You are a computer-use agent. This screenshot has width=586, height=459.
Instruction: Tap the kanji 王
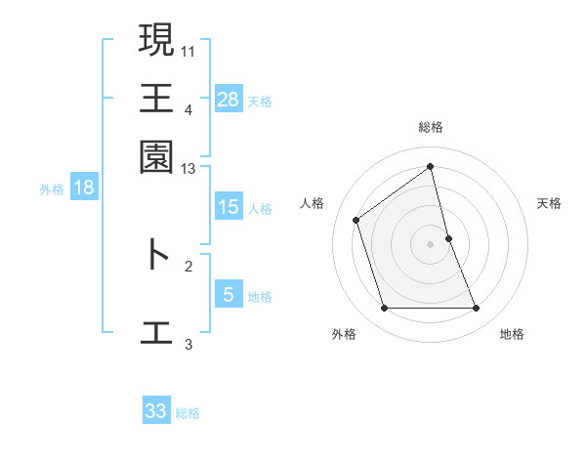pos(156,98)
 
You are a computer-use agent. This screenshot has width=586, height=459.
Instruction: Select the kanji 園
pos(156,155)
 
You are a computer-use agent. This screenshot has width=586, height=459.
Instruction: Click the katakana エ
pos(156,330)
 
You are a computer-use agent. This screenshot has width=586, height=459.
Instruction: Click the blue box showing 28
pos(228,99)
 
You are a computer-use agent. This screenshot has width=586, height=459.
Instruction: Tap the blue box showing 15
pos(228,207)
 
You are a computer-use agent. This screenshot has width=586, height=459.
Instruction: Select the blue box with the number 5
pos(228,295)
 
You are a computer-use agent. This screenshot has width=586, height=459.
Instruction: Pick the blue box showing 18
pos(84,188)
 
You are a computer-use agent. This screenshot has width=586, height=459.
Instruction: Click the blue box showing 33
pos(156,411)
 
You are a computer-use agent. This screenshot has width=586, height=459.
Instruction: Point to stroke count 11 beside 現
pos(188,50)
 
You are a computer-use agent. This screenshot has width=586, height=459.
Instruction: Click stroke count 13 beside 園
pos(188,170)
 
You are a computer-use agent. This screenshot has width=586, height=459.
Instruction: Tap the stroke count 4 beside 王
pos(188,110)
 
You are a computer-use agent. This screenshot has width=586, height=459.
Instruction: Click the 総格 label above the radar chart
pos(431,127)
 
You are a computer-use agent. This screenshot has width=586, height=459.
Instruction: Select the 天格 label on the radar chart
pos(549,203)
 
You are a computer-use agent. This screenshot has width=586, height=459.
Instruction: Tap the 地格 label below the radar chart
pos(512,334)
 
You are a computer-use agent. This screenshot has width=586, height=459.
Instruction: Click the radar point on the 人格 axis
pos(356,220)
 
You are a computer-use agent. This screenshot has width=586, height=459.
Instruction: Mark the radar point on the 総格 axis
pos(431,166)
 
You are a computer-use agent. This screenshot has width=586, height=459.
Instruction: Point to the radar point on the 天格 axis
pos(448,238)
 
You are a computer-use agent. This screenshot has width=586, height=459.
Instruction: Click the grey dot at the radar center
pos(431,244)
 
